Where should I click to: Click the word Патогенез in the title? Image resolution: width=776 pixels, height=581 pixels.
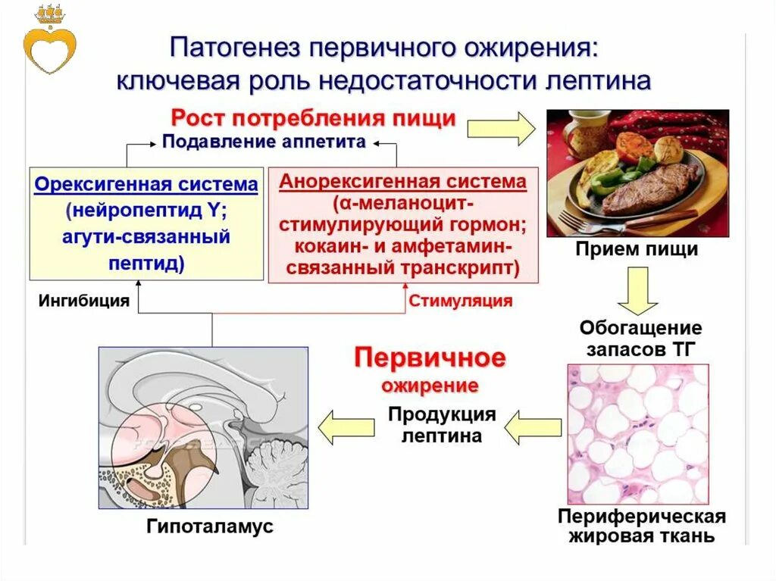[x=234, y=48]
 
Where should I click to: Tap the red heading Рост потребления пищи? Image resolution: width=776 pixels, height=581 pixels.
[x=313, y=119]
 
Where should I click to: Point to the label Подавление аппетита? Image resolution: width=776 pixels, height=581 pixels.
[x=264, y=142]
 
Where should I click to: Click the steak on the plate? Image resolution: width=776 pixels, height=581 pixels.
[x=649, y=186]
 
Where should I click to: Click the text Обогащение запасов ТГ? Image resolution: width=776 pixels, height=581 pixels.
[x=640, y=339]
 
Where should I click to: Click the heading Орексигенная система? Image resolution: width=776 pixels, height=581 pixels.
[x=146, y=186]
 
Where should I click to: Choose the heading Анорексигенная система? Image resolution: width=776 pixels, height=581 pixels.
[x=402, y=182]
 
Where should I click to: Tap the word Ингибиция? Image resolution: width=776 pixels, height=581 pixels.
[x=84, y=301]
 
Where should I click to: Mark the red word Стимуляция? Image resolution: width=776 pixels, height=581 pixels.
[x=461, y=301]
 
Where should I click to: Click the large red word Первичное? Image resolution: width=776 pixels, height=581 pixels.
[x=430, y=358]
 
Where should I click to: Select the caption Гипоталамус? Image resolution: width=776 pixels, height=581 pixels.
[x=210, y=527]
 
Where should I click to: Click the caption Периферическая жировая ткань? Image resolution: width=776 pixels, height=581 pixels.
[x=641, y=527]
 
